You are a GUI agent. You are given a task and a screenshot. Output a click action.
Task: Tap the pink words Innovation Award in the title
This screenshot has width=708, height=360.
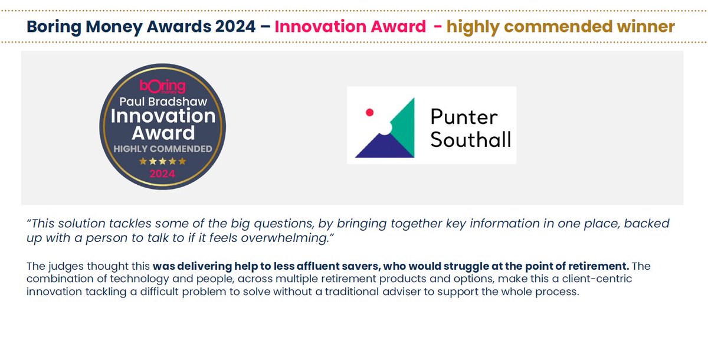click(350, 27)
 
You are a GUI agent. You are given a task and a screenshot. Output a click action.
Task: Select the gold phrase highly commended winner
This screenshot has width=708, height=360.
click(560, 27)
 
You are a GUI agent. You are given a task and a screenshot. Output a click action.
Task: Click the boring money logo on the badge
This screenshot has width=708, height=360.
click(162, 87)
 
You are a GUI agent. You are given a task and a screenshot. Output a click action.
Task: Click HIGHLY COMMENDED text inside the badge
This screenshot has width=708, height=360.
click(162, 149)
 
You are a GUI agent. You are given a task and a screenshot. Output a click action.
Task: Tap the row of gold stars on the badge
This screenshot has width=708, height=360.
click(162, 161)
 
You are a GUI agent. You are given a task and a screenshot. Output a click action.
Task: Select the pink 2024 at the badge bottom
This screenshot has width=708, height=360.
click(162, 174)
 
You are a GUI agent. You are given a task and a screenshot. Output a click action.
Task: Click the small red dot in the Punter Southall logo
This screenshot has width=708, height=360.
click(370, 111)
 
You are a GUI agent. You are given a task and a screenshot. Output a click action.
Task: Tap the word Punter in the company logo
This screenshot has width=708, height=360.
click(464, 116)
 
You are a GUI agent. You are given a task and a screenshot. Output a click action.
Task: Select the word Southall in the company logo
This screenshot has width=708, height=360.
click(470, 139)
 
